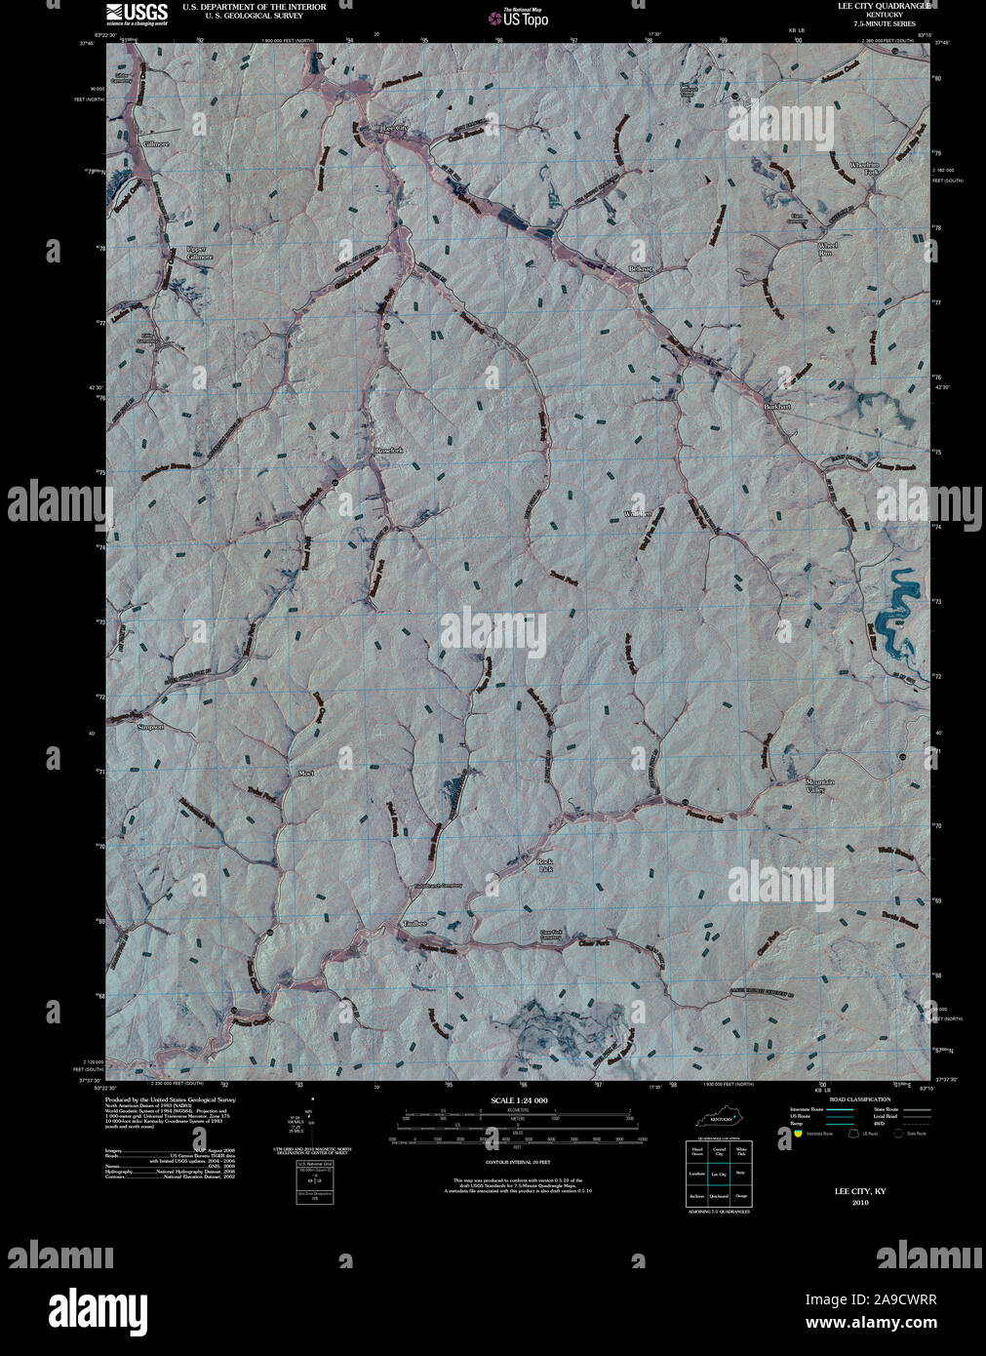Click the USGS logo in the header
(x=136, y=13)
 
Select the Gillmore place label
(x=156, y=143)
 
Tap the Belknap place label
(x=640, y=268)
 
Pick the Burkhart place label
(x=777, y=406)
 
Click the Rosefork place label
(x=389, y=450)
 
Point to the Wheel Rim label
(x=827, y=249)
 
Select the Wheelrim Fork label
(x=865, y=168)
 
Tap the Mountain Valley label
(x=819, y=786)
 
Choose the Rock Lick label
(x=545, y=865)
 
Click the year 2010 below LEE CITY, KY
(x=859, y=1202)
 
